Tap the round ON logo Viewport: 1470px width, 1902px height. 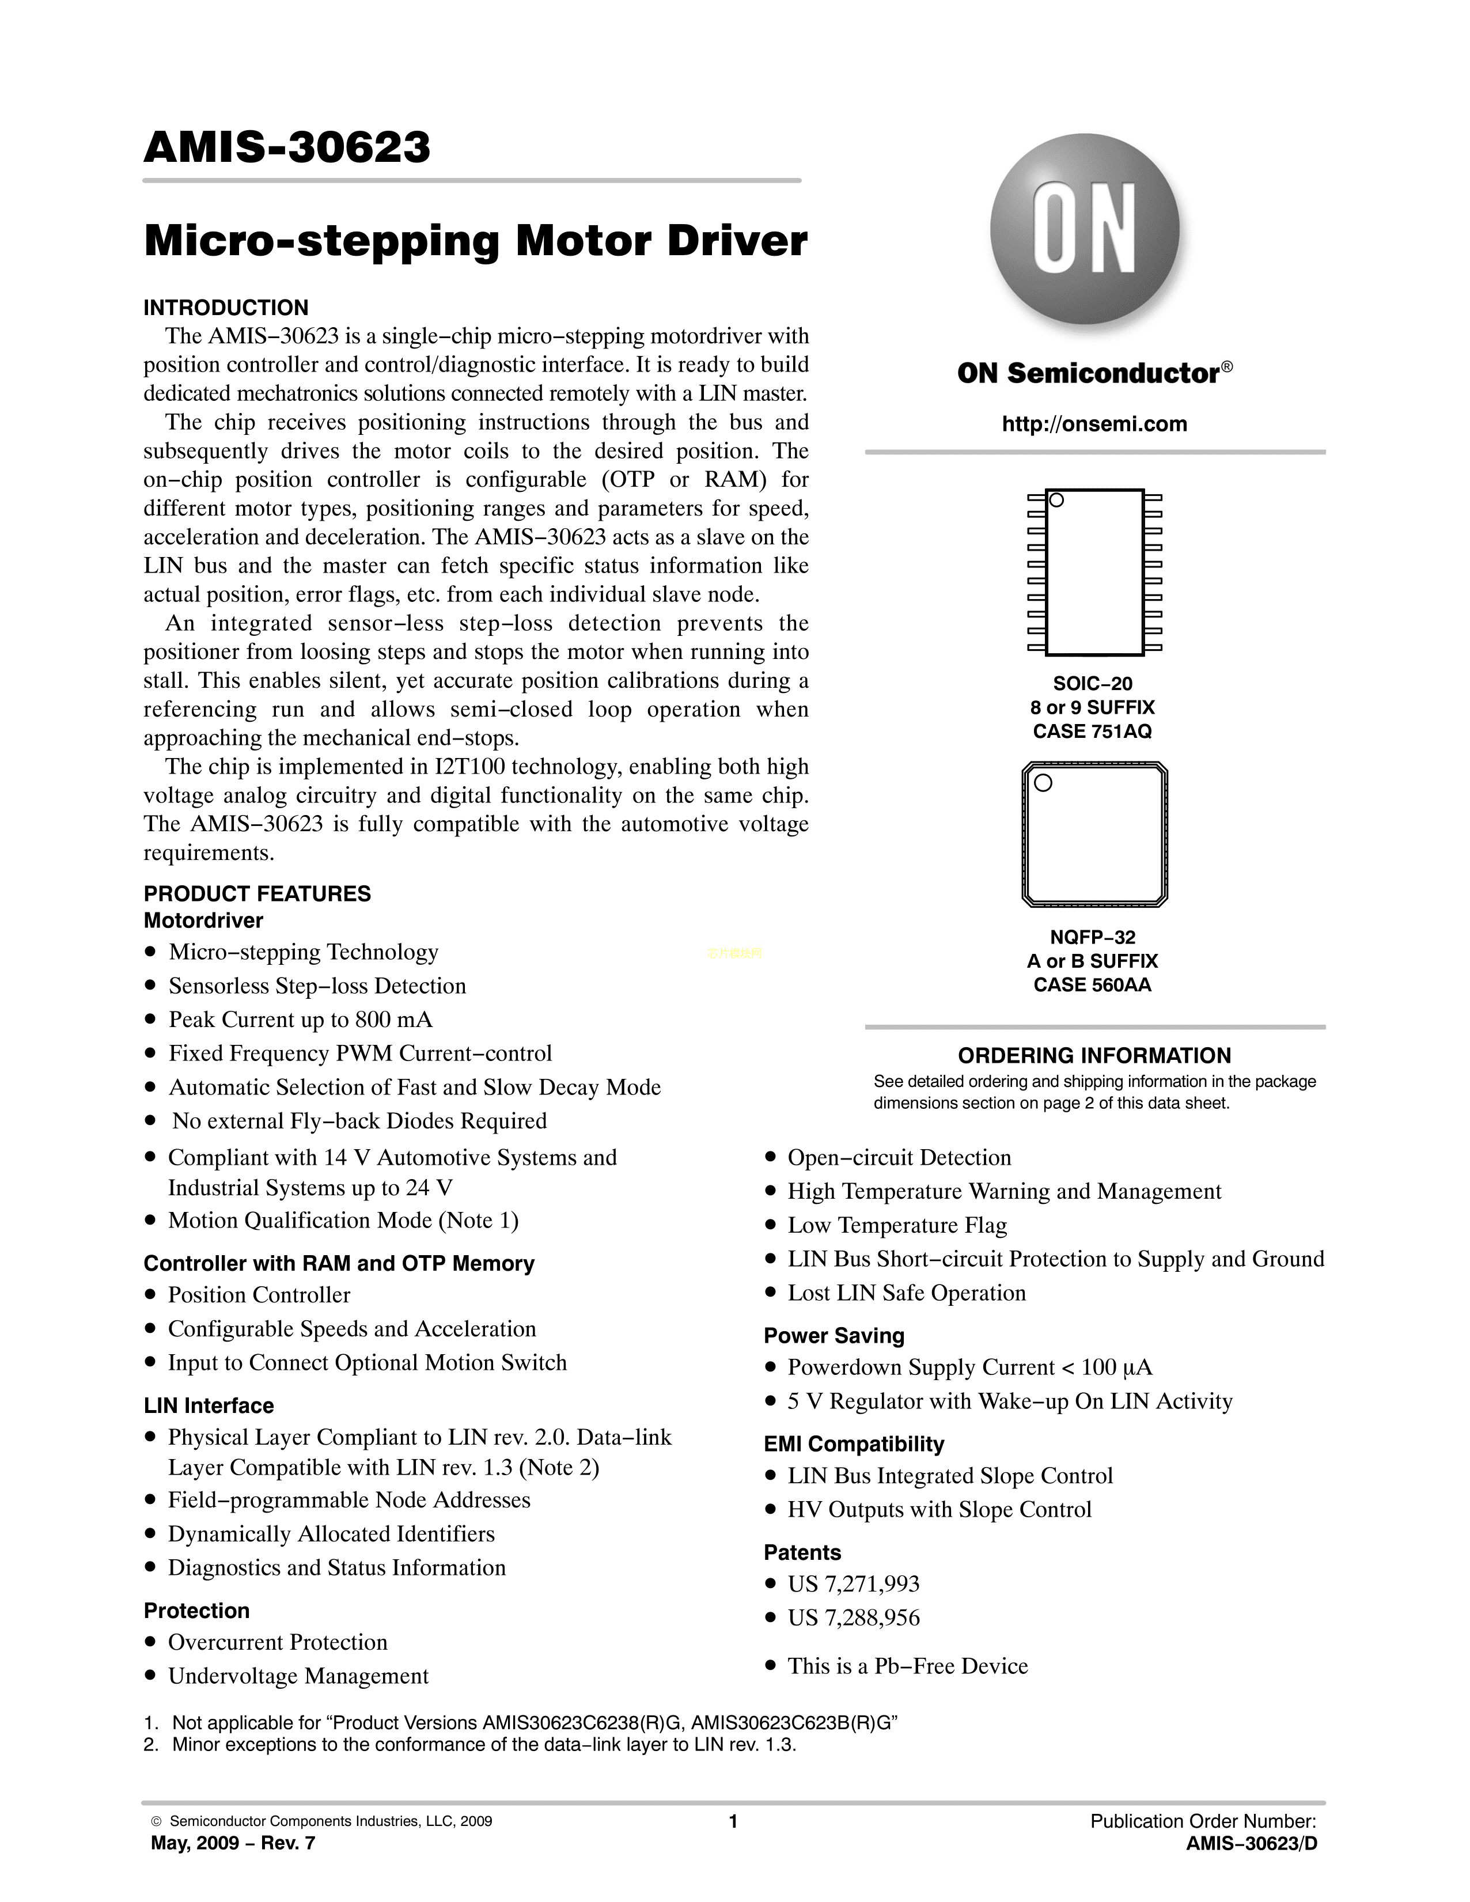pos(1085,229)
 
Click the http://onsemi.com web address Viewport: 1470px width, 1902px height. pos(1094,424)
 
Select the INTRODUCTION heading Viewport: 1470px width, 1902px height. pos(226,308)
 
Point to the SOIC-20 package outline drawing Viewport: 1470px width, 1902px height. pos(1094,572)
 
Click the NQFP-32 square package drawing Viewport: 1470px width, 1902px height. pos(1094,834)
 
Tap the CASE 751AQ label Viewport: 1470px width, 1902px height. pos(1092,732)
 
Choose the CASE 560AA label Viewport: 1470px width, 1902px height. pos(1092,985)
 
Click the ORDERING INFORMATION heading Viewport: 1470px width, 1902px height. pos(1094,1055)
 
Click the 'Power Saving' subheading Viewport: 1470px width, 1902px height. pos(833,1335)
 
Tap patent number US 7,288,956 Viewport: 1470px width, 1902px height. pos(854,1617)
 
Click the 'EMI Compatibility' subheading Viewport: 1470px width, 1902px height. pos(854,1444)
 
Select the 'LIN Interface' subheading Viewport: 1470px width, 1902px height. pos(208,1405)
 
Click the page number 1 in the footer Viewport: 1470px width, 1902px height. pos(733,1821)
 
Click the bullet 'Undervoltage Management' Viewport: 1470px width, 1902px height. pos(298,1676)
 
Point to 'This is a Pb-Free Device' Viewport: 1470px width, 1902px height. pos(907,1666)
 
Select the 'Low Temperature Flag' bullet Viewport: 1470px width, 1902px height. pos(897,1225)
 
